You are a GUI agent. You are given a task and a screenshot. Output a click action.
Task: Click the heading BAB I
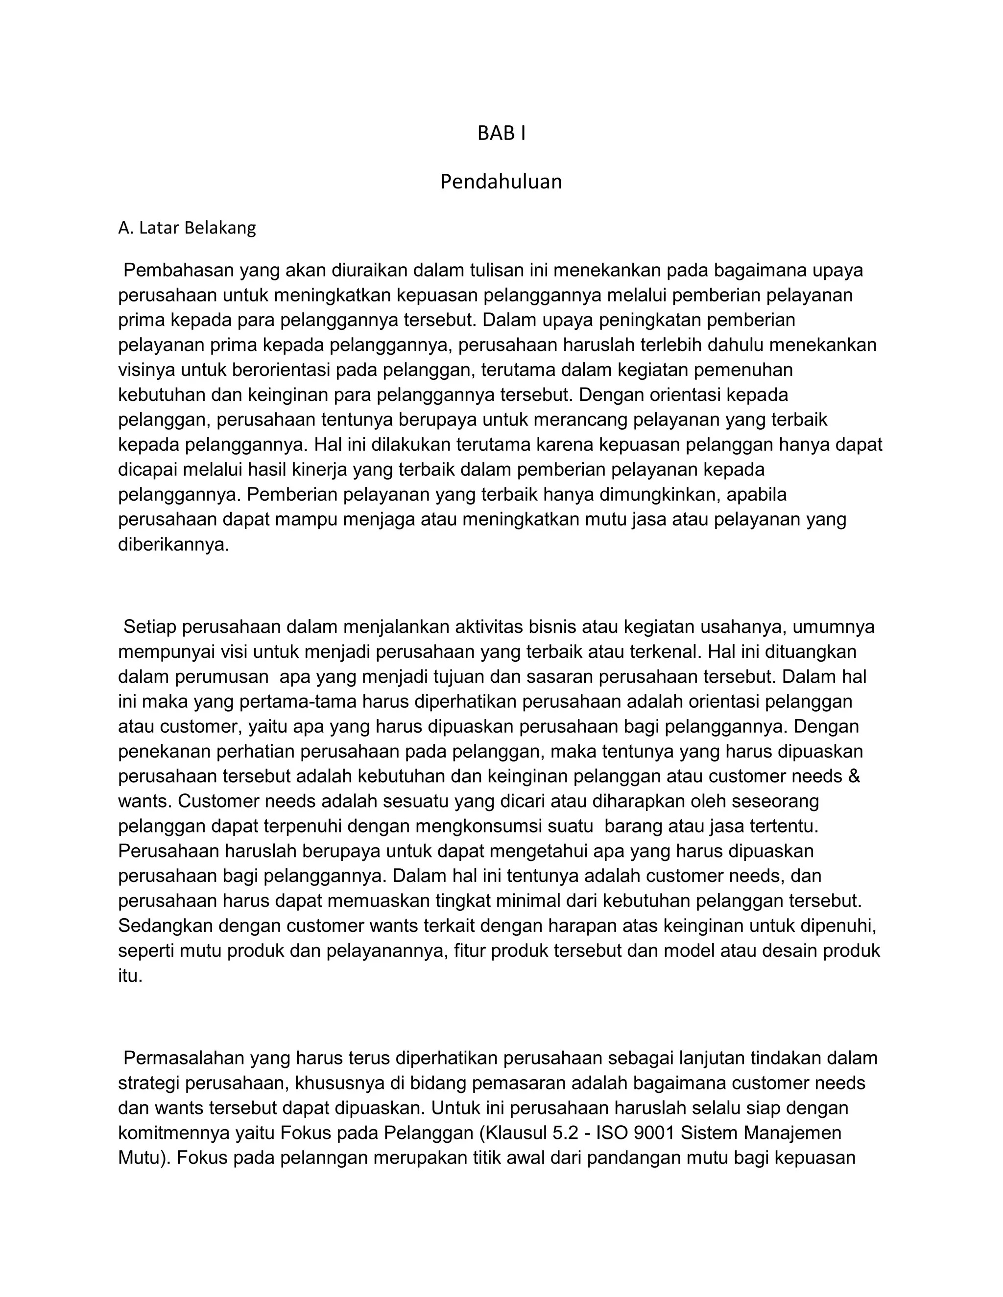point(501,134)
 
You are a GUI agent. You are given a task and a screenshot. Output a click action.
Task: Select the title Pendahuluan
point(501,182)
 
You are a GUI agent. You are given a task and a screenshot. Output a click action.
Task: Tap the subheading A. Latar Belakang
point(187,228)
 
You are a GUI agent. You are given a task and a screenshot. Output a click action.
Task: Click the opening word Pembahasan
point(178,270)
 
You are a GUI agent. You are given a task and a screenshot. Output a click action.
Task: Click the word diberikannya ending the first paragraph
point(173,545)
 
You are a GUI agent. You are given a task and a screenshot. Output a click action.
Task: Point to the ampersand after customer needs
point(854,776)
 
